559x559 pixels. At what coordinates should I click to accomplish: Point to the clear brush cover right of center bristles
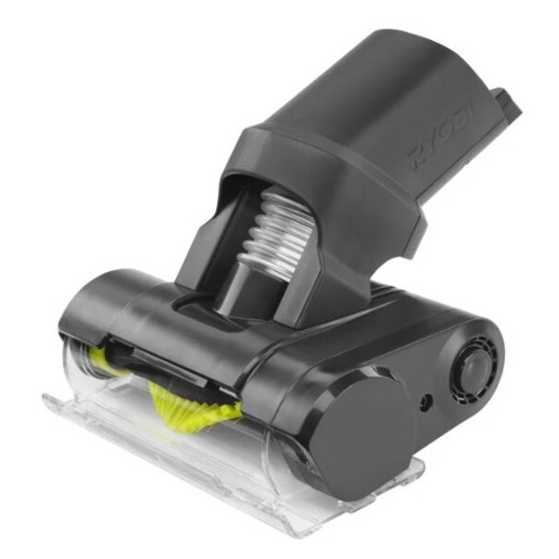coord(270,438)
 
